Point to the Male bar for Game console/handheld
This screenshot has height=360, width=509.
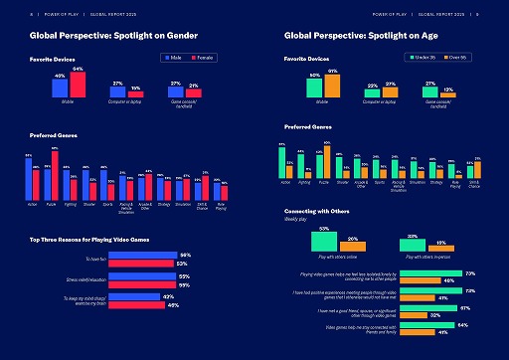tap(175, 92)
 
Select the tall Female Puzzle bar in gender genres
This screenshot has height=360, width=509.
tap(55, 174)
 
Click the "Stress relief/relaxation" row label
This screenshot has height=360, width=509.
tap(83, 279)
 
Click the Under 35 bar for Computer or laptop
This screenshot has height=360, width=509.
tap(372, 93)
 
